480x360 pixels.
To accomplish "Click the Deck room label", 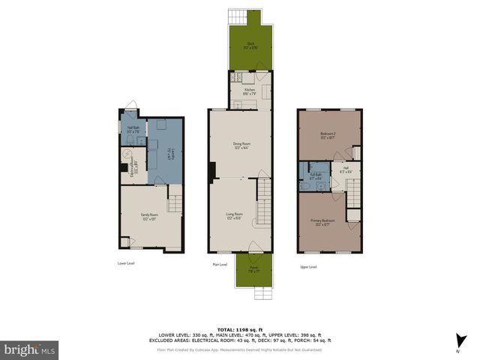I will coord(250,46).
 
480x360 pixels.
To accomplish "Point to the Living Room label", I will coord(235,216).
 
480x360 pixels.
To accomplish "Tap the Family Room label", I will coord(148,217).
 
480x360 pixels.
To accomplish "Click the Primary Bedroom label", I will coord(322,222).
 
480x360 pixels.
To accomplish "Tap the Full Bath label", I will coord(315,177).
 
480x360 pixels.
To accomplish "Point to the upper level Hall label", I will coord(346,169).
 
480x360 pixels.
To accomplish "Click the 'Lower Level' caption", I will coord(126,263).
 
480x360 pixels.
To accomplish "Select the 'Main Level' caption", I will coord(220,265).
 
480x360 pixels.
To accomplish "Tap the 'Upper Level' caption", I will coord(308,266).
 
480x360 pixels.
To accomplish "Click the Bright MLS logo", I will coord(30,349).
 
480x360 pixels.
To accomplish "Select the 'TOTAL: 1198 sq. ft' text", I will coord(239,329).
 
